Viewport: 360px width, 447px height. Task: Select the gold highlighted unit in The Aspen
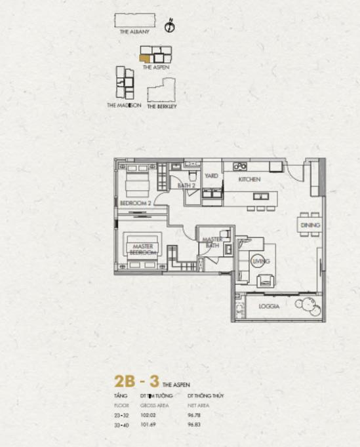144,58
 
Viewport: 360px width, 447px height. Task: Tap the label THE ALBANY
134,31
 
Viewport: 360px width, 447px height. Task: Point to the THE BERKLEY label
161,106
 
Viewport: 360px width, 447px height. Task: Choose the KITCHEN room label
249,179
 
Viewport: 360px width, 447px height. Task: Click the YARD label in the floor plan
211,176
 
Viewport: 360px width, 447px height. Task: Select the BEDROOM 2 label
136,203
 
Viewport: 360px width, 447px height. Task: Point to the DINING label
310,225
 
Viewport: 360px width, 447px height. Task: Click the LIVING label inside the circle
260,262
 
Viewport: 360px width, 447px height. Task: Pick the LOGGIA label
270,306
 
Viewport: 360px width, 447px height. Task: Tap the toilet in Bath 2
193,176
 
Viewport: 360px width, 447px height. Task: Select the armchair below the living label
266,281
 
